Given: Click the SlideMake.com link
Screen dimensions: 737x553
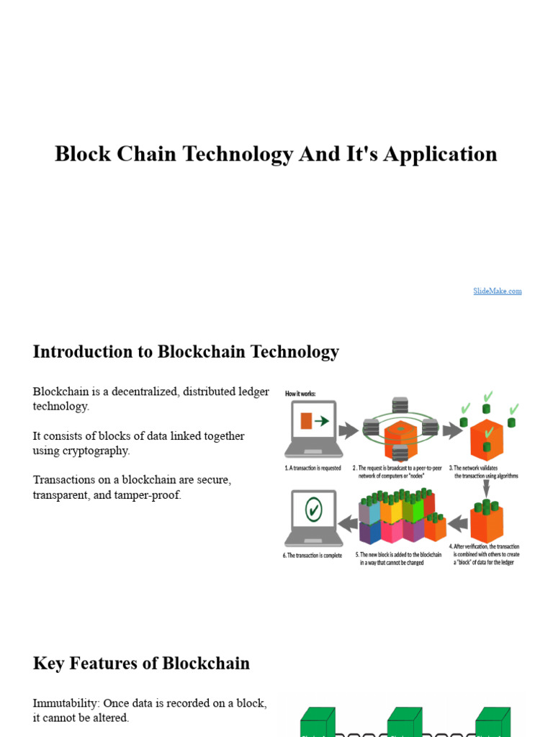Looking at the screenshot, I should (498, 291).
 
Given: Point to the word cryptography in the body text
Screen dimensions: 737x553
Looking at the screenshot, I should (97, 451).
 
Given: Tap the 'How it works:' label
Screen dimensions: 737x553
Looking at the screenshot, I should (301, 394).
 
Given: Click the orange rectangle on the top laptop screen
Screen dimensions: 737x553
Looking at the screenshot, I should (306, 420).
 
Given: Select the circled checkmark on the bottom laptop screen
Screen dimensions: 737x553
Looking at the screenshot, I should (313, 510).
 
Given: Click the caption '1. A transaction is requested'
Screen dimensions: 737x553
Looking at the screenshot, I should (313, 467).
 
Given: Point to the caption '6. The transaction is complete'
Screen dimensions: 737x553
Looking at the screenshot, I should (313, 556).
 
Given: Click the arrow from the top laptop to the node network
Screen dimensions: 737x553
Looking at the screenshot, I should (349, 430).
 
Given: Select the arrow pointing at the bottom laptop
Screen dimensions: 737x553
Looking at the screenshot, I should (349, 523).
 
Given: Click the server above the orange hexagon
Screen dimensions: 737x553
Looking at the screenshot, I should (400, 405).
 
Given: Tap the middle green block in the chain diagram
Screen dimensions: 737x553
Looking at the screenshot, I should (405, 722).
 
